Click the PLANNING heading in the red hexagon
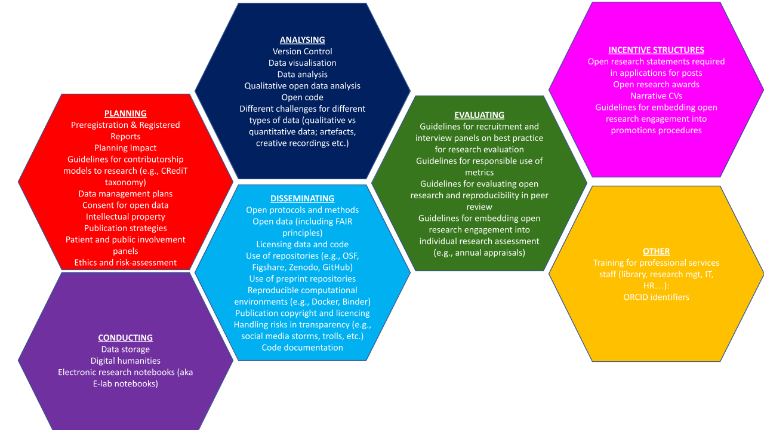coord(125,113)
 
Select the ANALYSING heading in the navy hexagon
coord(303,40)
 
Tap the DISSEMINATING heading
coord(302,198)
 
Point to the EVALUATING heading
coord(479,115)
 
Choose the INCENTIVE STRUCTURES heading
coord(656,50)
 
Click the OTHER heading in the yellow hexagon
coord(656,251)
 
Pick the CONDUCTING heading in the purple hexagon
coord(125,338)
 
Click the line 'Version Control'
coord(303,51)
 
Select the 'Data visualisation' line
coord(303,63)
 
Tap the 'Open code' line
coord(303,97)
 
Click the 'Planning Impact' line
coord(125,148)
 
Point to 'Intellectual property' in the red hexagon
coord(125,217)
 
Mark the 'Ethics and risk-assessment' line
coord(125,263)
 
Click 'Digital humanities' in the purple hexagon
coord(125,361)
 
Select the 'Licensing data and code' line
coord(302,244)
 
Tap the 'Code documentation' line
coord(302,348)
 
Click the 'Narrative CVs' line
coord(656,96)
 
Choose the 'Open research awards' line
coord(656,84)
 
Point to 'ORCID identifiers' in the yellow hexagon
coord(656,297)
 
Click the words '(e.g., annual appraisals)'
coord(479,253)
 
